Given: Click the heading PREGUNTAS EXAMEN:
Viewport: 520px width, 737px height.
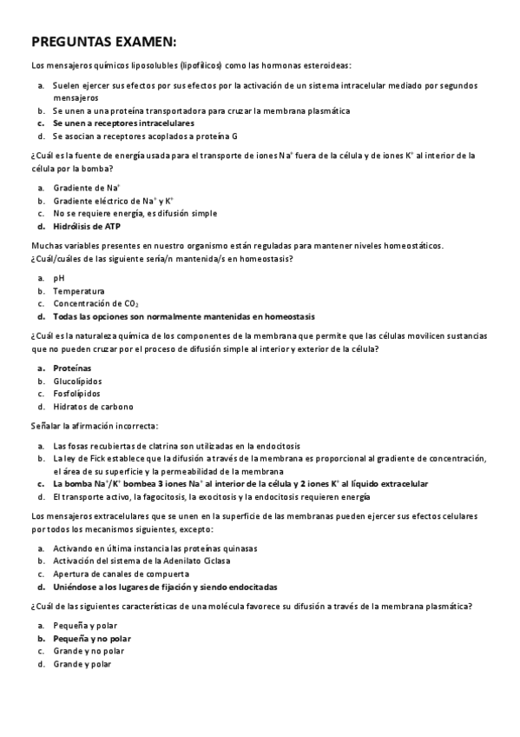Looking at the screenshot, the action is click(x=103, y=42).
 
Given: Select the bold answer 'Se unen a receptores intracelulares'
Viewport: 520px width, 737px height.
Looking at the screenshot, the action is click(x=123, y=124).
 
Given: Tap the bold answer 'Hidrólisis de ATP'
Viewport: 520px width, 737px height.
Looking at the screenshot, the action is click(x=87, y=226).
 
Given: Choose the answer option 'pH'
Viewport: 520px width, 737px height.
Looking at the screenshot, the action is click(x=59, y=278).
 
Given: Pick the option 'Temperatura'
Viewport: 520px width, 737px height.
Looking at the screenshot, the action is click(x=79, y=291).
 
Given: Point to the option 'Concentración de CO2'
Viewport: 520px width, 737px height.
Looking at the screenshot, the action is click(x=95, y=303).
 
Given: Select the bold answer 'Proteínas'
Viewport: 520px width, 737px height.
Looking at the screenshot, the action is click(x=72, y=368).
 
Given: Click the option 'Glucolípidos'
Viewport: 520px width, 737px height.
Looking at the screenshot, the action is click(x=77, y=381).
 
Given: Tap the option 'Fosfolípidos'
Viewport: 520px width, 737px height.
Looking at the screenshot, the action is click(x=76, y=394).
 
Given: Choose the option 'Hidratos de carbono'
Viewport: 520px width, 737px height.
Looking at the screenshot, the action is click(x=93, y=407).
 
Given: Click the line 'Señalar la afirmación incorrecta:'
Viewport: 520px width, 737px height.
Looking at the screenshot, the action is click(x=95, y=426).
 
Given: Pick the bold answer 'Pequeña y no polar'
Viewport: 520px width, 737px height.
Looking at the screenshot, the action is click(x=92, y=638).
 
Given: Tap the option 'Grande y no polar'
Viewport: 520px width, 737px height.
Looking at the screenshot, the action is click(x=89, y=651).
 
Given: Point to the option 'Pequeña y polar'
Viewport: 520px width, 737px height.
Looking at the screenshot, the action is click(x=85, y=625).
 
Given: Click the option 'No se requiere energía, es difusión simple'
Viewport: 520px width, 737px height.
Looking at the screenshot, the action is click(x=135, y=213).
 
